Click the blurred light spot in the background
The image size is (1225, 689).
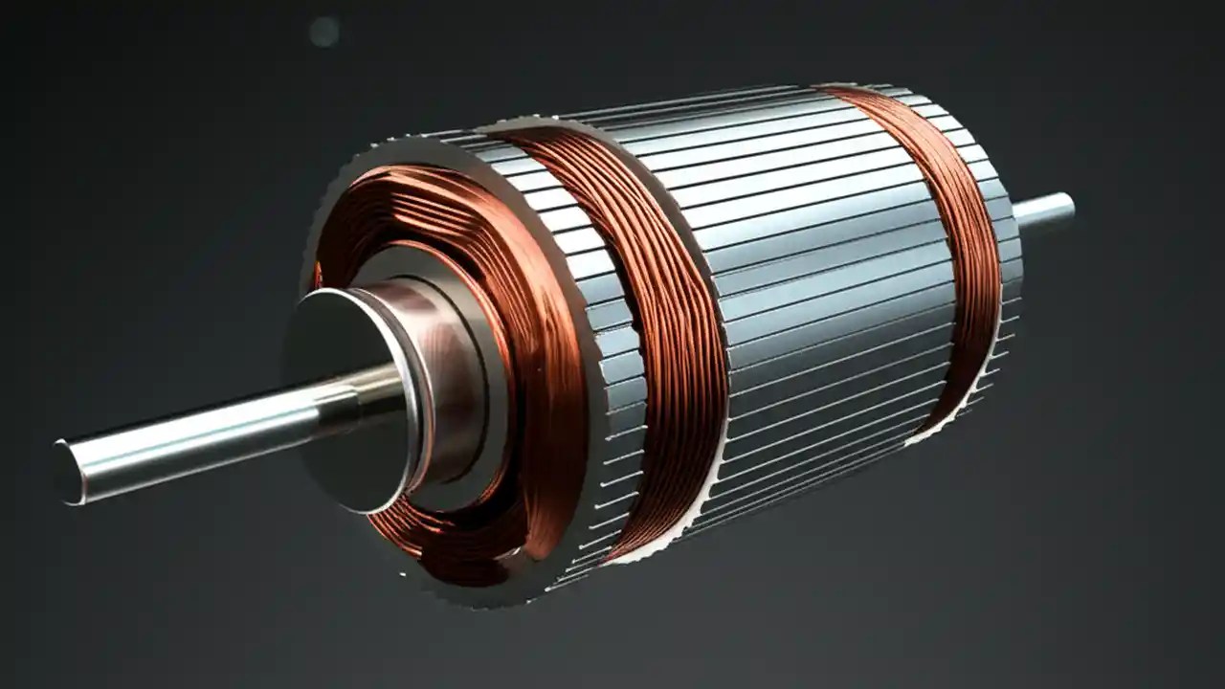click(x=323, y=32)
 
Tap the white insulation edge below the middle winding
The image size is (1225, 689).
click(x=670, y=536)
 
